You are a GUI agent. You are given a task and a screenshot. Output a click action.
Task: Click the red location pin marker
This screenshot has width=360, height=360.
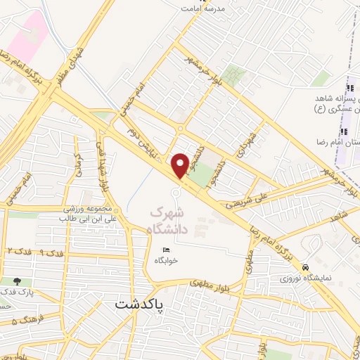180,165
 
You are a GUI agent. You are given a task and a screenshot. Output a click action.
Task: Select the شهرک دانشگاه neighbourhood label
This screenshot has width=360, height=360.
169,219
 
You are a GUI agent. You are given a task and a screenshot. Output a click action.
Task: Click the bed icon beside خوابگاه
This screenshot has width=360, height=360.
166,250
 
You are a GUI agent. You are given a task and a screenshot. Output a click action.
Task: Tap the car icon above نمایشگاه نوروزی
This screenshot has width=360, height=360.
306,268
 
